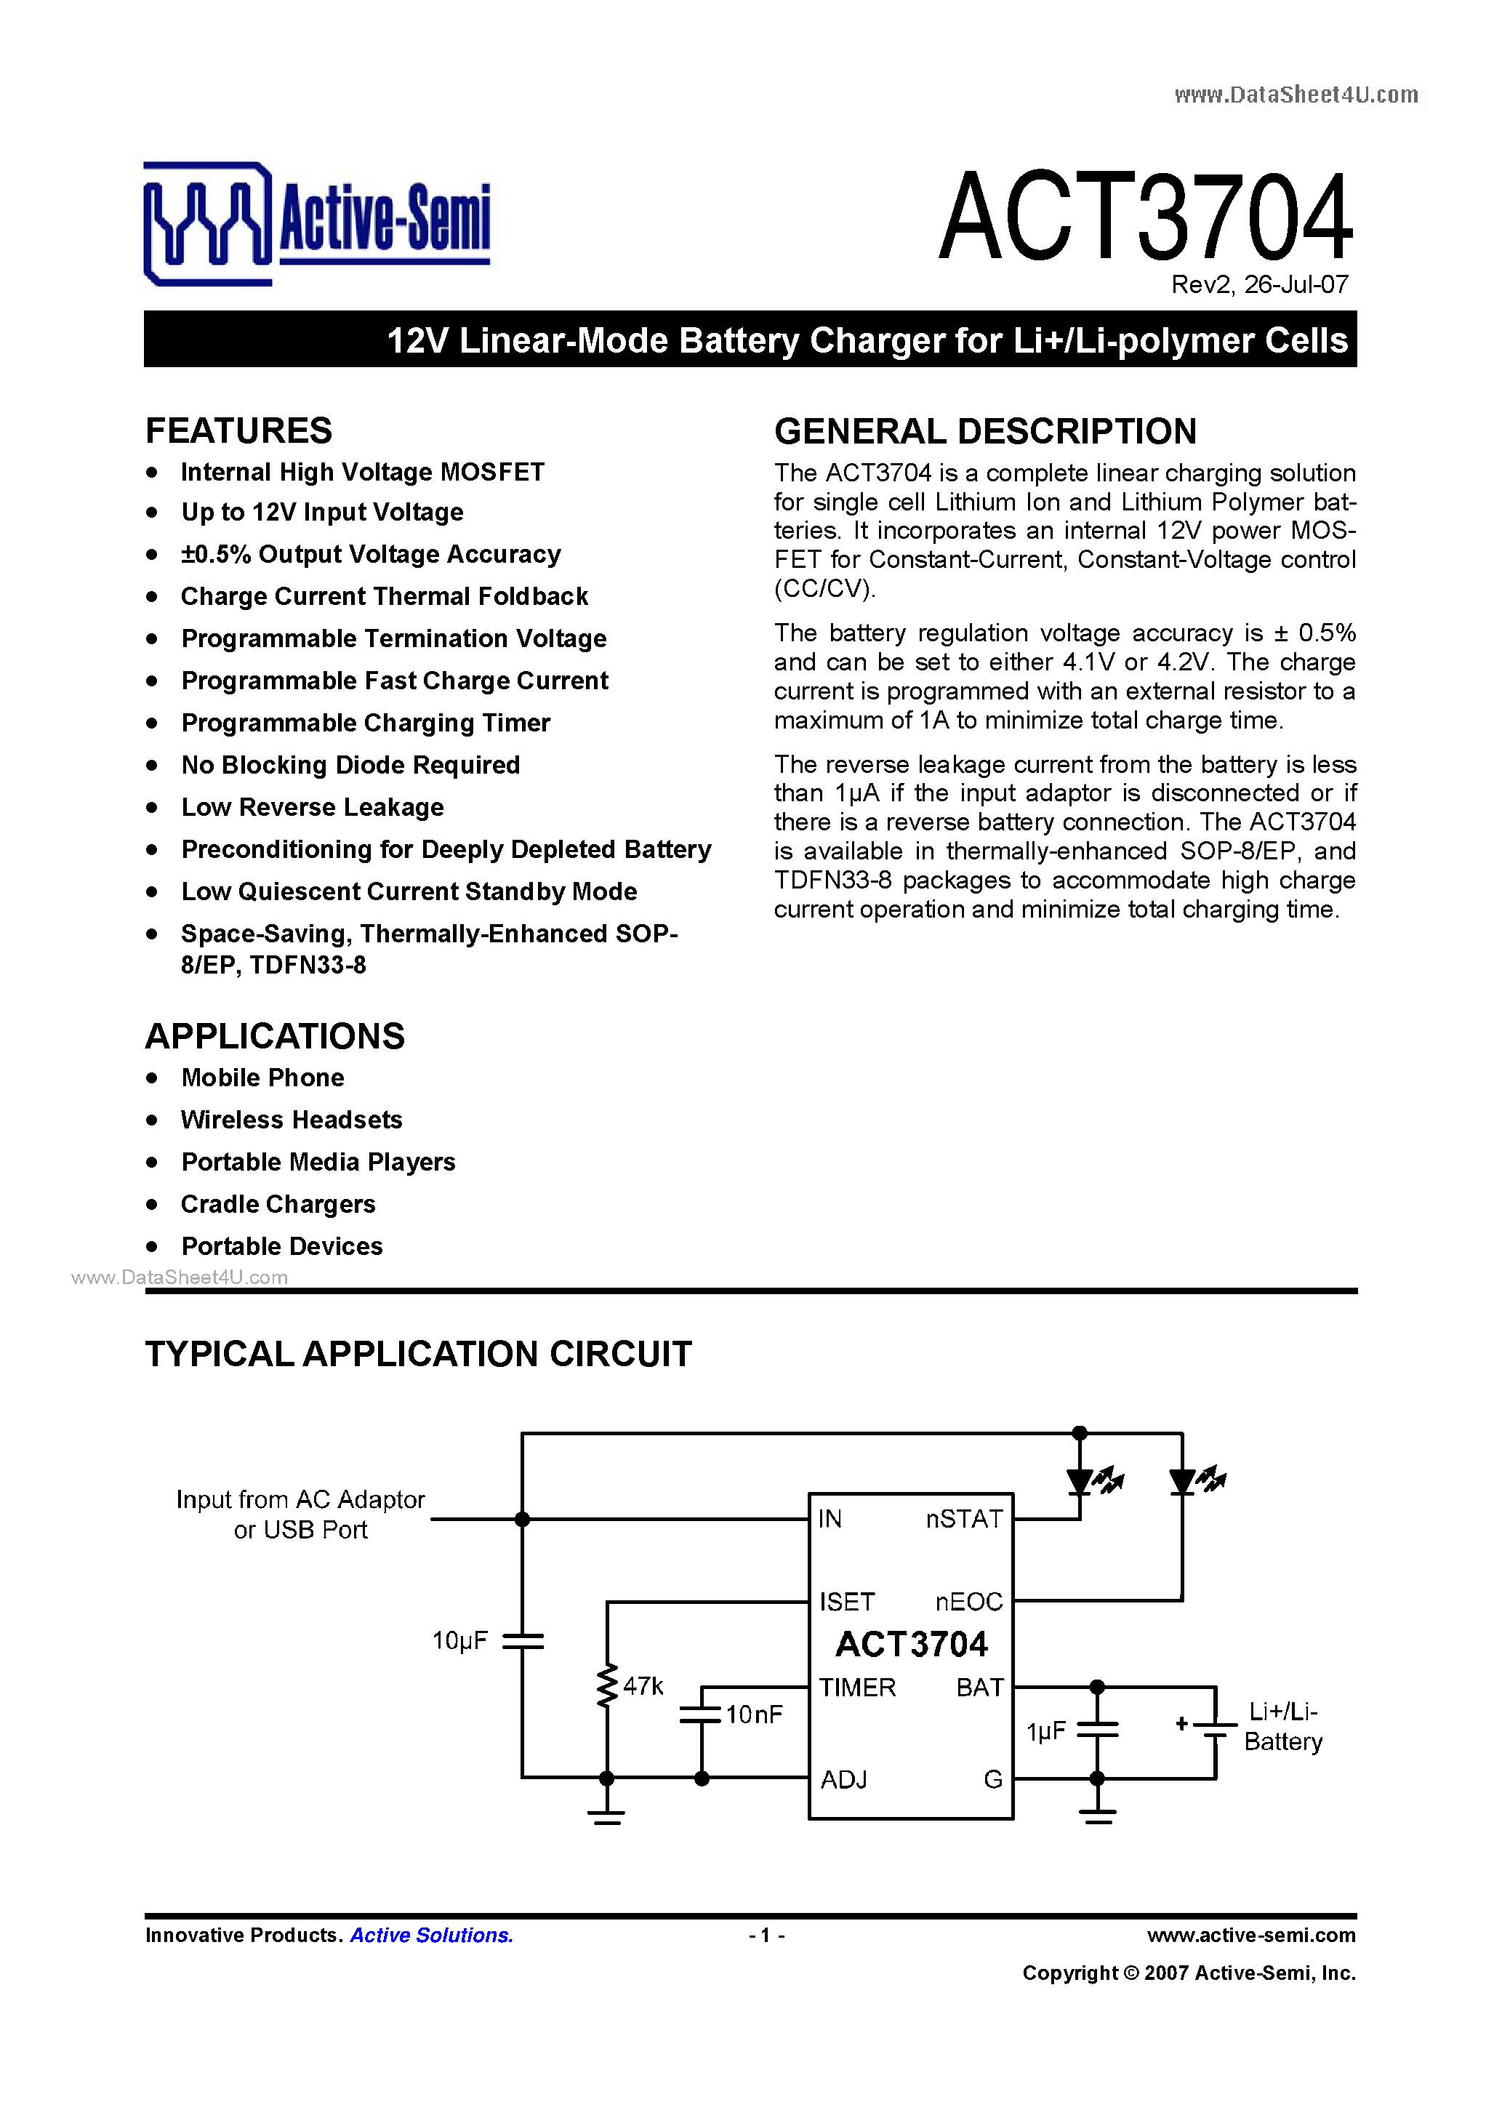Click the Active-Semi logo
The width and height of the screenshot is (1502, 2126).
point(317,223)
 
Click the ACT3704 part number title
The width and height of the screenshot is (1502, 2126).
point(1146,217)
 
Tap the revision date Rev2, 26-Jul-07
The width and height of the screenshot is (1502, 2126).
point(1259,285)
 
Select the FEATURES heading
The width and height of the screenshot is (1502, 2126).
point(239,431)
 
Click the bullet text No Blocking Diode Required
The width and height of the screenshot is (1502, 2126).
point(350,766)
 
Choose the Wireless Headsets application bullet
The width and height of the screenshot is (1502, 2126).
point(292,1120)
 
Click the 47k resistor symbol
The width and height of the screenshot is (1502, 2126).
point(608,1686)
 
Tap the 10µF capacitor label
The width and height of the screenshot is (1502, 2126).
point(459,1642)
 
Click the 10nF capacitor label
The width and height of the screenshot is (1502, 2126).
point(754,1715)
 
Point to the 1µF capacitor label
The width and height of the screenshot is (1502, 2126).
point(1046,1731)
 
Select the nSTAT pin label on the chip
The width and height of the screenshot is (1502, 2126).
point(964,1520)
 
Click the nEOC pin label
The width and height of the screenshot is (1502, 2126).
point(968,1602)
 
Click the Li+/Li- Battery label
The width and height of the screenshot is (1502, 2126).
point(1282,1727)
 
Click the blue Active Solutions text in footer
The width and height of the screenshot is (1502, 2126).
point(432,1936)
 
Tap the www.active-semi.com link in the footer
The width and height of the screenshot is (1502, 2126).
point(1251,1936)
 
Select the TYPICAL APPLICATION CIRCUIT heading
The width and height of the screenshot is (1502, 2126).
point(419,1355)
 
